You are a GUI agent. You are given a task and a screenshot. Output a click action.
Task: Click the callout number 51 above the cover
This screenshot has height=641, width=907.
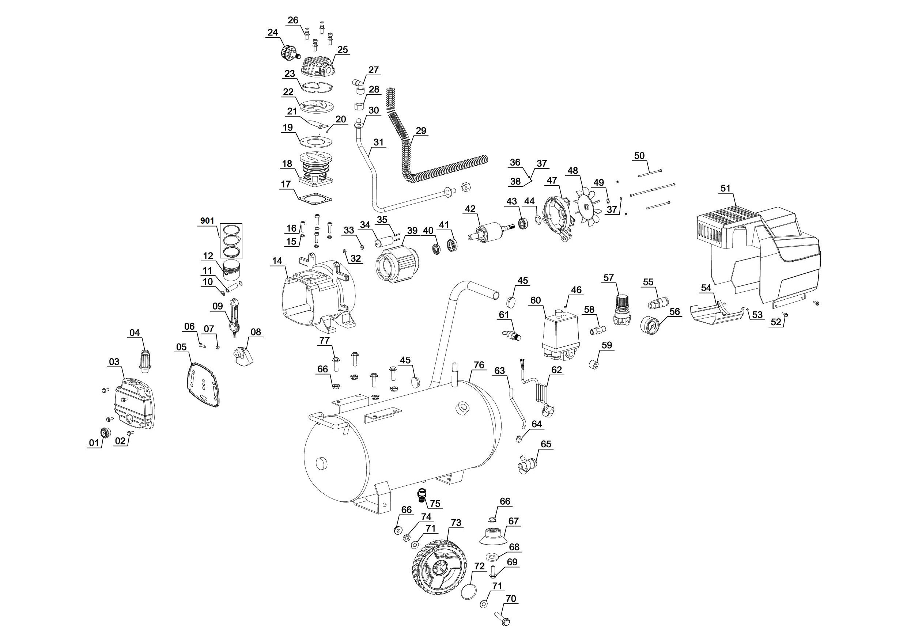725,189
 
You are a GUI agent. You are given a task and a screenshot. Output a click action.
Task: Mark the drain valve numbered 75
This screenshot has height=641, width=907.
422,494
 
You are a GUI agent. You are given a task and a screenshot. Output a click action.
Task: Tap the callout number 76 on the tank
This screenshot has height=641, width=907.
479,365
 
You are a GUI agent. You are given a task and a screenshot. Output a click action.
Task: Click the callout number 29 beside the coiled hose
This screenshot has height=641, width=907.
421,131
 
